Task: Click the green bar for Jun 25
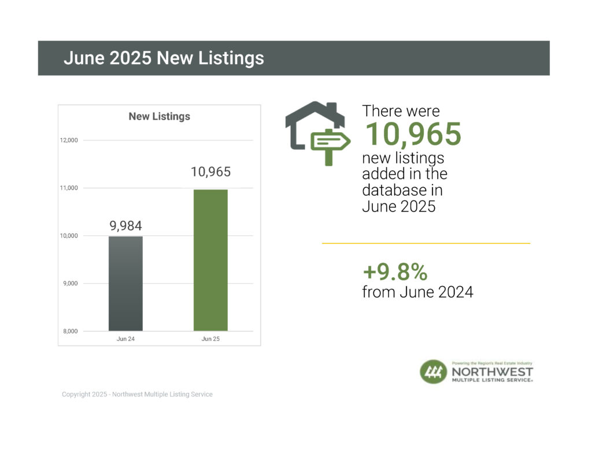coord(210,260)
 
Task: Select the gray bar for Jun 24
coord(125,283)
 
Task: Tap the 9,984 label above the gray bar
coord(125,225)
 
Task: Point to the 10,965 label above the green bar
coord(210,172)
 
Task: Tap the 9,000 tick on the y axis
coord(69,283)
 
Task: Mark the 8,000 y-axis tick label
coord(69,331)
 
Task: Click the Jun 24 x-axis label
coord(125,339)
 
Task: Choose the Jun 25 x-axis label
coord(210,339)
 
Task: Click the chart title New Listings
coord(159,116)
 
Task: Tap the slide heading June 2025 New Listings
coord(164,58)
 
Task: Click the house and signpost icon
coord(317,133)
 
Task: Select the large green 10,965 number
coord(412,134)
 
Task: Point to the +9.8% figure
coord(395,272)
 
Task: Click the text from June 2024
coord(417,292)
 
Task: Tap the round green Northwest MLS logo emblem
coord(433,371)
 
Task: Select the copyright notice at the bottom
coord(137,395)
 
